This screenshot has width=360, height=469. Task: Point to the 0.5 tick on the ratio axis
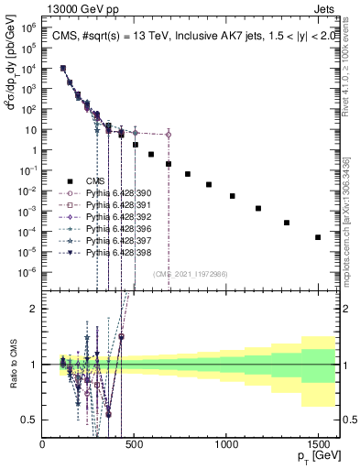coord(29,420)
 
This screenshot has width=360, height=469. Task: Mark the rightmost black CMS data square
coord(318,237)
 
